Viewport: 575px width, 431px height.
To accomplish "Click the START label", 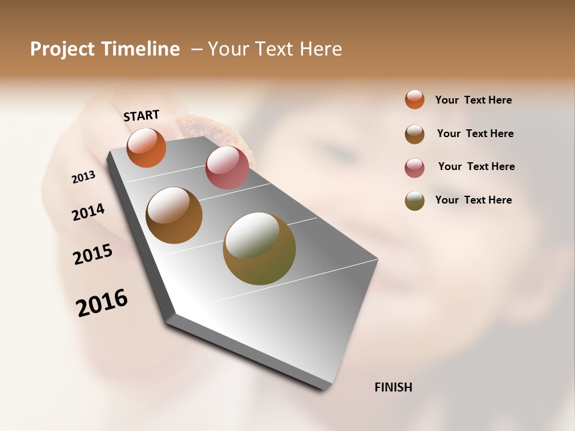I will click(x=141, y=115).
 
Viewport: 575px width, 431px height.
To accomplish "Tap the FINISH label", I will click(x=393, y=387).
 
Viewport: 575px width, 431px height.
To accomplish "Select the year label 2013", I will click(x=84, y=177).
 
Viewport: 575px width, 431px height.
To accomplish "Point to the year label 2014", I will click(x=88, y=212).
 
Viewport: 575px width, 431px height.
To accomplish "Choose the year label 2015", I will click(x=93, y=254).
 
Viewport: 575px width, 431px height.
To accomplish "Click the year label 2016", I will click(x=102, y=302).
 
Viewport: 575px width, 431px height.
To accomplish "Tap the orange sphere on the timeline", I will click(x=146, y=147).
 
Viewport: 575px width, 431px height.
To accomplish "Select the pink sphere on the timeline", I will click(x=227, y=168).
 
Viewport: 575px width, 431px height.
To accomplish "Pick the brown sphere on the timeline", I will click(x=174, y=215).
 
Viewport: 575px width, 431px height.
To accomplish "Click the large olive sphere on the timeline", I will click(x=259, y=248).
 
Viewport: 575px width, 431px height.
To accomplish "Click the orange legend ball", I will click(x=414, y=99).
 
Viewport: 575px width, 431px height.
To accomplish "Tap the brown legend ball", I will click(x=414, y=134).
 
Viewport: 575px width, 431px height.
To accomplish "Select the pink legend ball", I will click(x=414, y=168).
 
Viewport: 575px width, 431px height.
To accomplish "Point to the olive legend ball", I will click(x=414, y=201).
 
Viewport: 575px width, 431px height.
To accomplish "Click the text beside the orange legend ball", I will click(x=473, y=100).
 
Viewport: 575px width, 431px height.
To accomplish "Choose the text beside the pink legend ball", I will click(x=476, y=166).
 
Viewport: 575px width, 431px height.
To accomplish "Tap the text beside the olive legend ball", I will click(x=473, y=200).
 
